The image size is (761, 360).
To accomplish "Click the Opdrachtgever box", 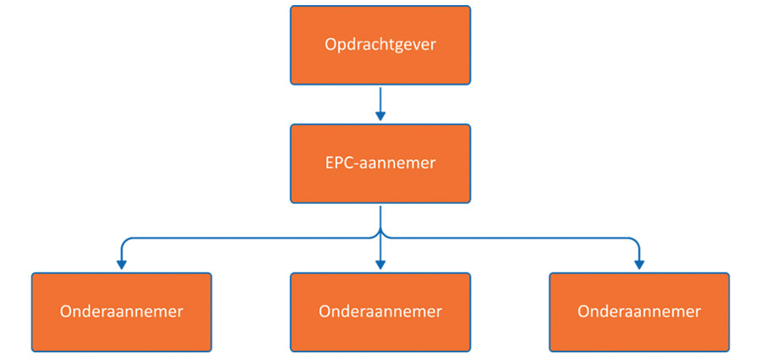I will [380, 45].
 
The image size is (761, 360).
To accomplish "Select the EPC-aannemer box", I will [380, 163].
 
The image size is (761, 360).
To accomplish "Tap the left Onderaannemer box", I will [122, 312].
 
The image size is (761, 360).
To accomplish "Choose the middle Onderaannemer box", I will [380, 312].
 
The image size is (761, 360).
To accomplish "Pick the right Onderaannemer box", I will [638, 312].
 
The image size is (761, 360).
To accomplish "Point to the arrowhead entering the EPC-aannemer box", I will [380, 117].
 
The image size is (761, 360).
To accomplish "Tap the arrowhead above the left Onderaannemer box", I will [122, 265].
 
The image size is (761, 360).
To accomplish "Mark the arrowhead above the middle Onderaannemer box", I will [380, 265].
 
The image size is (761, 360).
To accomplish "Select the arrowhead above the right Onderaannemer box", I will [639, 265].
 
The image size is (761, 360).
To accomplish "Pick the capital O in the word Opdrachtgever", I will [331, 45].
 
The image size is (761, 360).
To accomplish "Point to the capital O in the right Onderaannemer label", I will [583, 312].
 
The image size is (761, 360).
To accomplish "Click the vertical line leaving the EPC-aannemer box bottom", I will [380, 217].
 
